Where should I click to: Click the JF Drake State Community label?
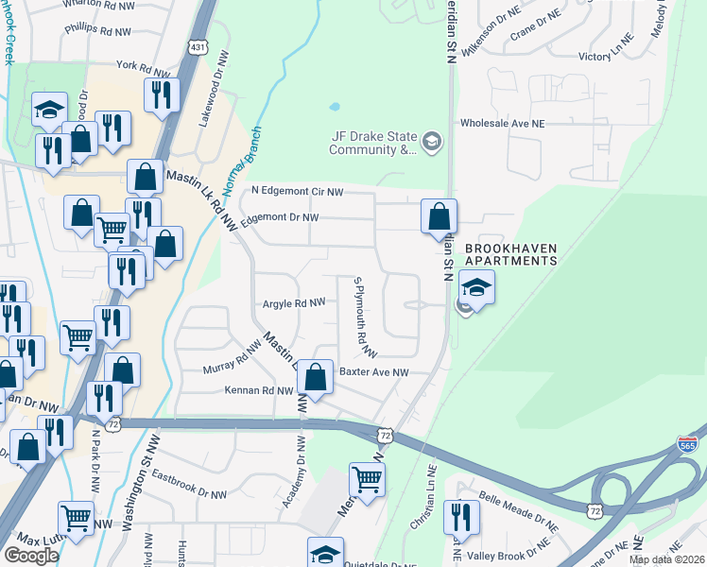[372, 142]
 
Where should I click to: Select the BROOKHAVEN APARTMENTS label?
[509, 253]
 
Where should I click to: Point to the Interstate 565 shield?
[688, 444]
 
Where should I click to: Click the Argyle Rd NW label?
[293, 303]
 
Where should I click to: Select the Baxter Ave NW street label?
[374, 372]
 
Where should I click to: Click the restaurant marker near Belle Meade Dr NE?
[461, 516]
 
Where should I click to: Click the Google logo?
[31, 556]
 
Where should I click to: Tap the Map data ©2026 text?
[666, 559]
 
